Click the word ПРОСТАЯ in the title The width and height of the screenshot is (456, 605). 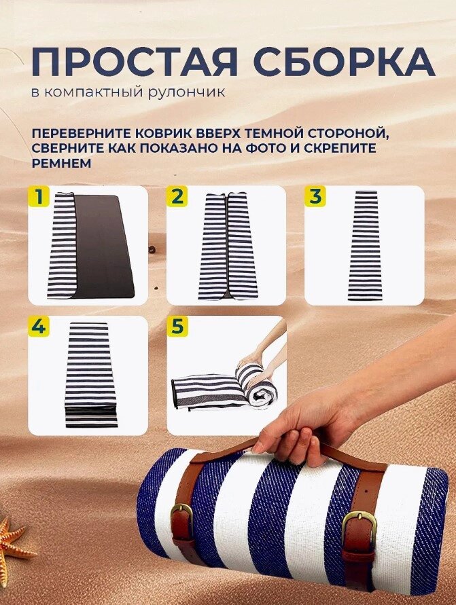point(134,62)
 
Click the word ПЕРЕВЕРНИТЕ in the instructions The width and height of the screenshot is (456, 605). point(81,134)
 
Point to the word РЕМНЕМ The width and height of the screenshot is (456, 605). point(61,163)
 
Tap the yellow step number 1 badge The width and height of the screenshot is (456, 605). point(39,196)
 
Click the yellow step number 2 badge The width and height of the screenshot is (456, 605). point(177,196)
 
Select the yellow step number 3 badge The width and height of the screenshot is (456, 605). point(315,196)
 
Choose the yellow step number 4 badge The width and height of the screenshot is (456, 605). point(39,327)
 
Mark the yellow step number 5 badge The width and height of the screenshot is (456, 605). point(177,327)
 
